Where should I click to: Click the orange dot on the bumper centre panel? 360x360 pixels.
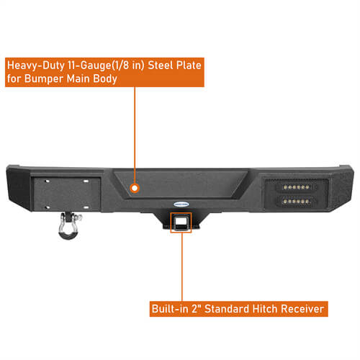pyautogui.click(x=133, y=188)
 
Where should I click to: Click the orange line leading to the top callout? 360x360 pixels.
pyautogui.click(x=133, y=137)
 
